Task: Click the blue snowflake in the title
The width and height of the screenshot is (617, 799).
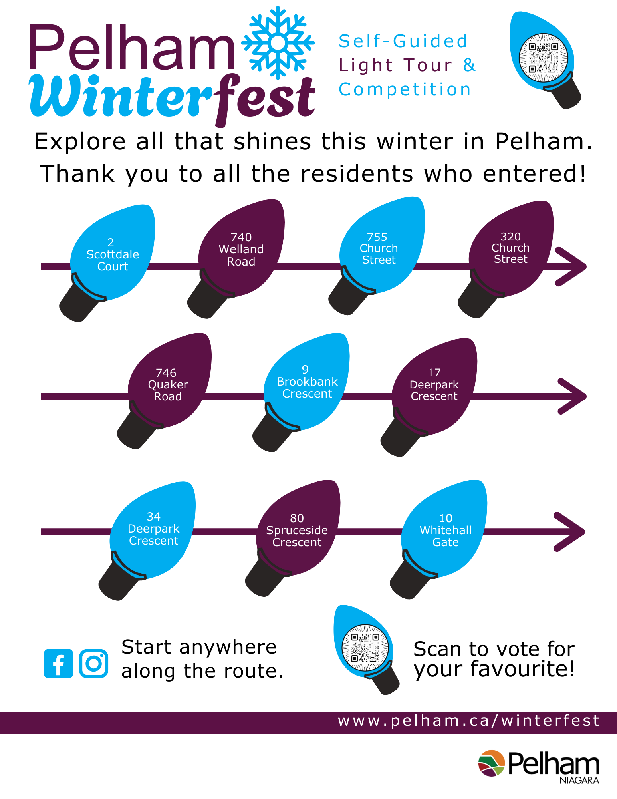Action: [278, 42]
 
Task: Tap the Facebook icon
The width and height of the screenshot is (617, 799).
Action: [58, 664]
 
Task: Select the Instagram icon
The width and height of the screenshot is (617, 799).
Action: [93, 664]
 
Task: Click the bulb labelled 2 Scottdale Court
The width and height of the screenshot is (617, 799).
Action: [107, 262]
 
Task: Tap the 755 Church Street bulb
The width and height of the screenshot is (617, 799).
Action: [377, 255]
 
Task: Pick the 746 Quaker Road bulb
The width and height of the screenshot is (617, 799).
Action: [164, 391]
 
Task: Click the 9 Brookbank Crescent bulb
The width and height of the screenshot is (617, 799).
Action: [301, 392]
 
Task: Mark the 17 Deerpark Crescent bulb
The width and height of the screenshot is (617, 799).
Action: [429, 397]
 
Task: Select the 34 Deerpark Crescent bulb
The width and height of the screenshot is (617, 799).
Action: [147, 541]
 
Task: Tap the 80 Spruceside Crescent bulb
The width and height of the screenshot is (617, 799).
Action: [293, 538]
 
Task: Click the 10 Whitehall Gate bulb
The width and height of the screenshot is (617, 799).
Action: [438, 539]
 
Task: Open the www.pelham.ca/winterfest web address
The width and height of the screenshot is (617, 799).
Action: [469, 721]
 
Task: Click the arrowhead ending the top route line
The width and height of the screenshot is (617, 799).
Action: [571, 266]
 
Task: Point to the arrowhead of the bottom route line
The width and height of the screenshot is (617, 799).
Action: [569, 532]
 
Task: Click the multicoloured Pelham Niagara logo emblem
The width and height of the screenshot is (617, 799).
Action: [492, 763]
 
